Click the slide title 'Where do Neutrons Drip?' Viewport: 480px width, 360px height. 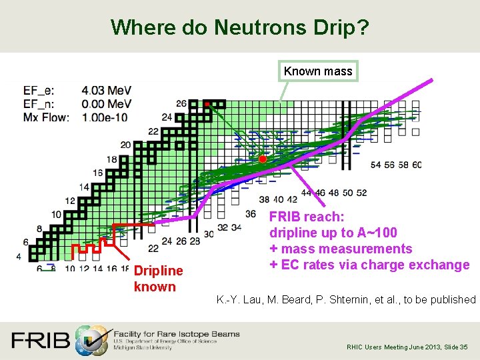(x=239, y=27)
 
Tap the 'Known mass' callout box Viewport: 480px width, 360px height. (x=318, y=71)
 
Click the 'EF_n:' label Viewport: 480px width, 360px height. (x=39, y=104)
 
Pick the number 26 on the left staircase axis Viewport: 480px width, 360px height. (x=181, y=103)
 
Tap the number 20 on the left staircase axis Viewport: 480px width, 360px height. (x=125, y=145)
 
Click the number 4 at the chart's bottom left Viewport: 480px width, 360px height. (x=19, y=256)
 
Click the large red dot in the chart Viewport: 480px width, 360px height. (x=263, y=159)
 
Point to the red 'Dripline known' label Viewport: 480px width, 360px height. (x=157, y=279)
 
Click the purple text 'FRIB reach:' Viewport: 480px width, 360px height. (x=307, y=217)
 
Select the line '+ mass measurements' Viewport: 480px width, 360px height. (x=341, y=249)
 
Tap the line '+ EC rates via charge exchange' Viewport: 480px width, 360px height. (x=369, y=265)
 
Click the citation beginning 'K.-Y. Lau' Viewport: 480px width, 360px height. (x=346, y=300)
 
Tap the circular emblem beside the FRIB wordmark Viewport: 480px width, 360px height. (x=91, y=340)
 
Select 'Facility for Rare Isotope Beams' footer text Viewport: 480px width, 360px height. (x=177, y=333)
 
